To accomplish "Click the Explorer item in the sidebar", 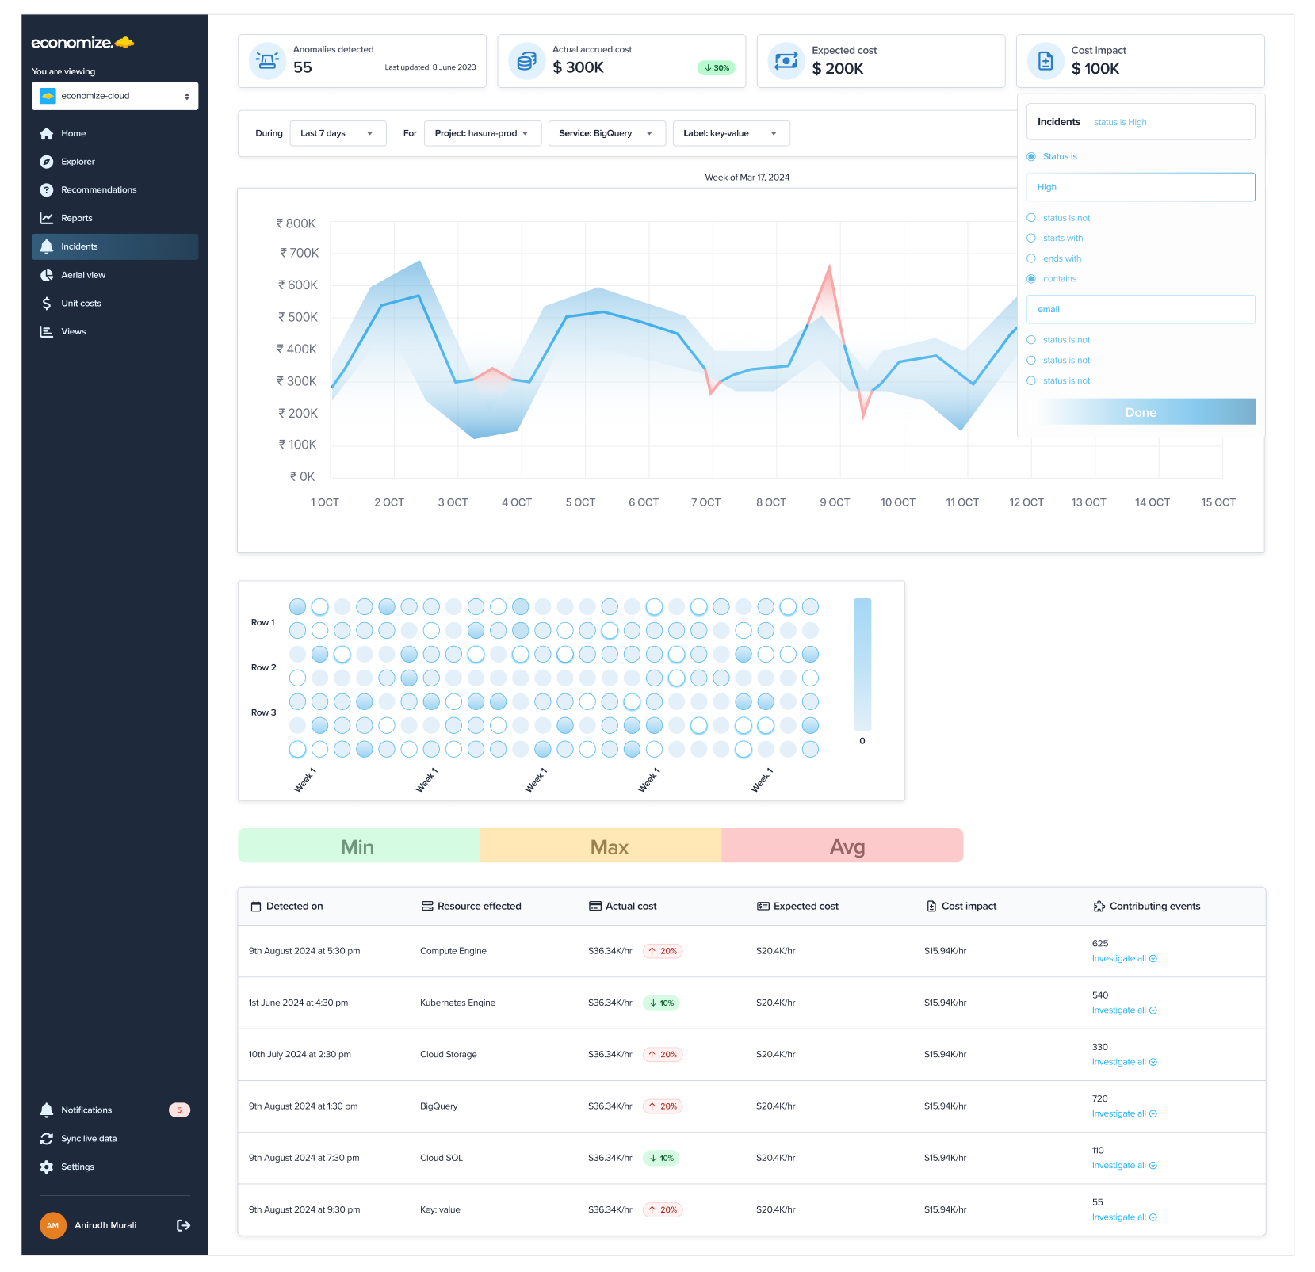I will [78, 162].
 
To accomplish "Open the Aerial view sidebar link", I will [82, 275].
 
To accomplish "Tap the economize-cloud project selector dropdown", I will [115, 96].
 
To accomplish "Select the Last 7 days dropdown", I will [337, 133].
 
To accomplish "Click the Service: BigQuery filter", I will [606, 133].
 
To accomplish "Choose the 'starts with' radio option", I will [1031, 238].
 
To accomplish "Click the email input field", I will [1140, 309].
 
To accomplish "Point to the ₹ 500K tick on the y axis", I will [298, 317].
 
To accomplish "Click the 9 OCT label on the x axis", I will [835, 502].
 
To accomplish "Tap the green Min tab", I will [357, 846].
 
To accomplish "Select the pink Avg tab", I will [846, 846].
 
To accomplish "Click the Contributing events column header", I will [1153, 906].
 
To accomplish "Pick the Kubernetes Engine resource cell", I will [457, 1003].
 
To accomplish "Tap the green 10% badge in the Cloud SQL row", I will [662, 1158].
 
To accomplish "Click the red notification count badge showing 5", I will [179, 1110].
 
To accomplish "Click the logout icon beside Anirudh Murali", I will [183, 1225].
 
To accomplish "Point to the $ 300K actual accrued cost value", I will [578, 68].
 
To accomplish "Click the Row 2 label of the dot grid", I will [263, 667].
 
